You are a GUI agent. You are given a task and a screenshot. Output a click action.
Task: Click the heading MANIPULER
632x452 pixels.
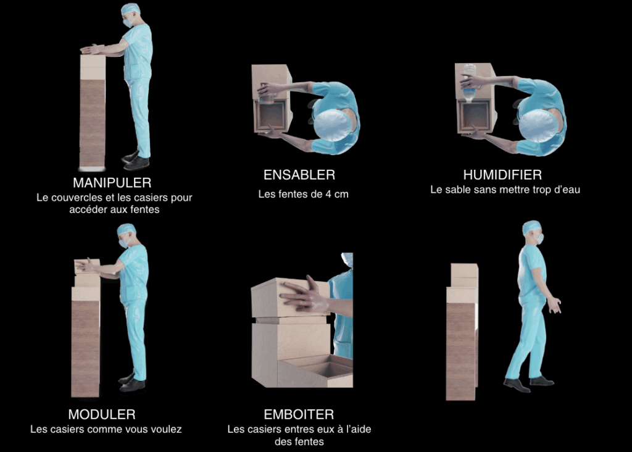[x=112, y=183]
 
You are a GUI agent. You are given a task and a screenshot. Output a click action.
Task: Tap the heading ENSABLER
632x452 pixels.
[x=299, y=175]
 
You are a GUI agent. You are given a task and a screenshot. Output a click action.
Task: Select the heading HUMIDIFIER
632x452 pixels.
[x=502, y=175]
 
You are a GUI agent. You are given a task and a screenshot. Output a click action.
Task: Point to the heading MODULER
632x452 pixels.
[x=102, y=414]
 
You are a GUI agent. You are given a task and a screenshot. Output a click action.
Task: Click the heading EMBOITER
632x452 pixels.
[x=299, y=414]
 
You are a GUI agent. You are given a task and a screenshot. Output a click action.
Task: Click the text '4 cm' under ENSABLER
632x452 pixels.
[x=336, y=195]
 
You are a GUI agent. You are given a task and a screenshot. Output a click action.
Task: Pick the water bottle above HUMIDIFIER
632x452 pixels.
[x=469, y=83]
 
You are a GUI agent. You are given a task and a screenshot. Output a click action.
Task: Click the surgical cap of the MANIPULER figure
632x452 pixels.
[x=131, y=9]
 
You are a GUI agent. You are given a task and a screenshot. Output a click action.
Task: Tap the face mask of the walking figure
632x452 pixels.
[x=539, y=239]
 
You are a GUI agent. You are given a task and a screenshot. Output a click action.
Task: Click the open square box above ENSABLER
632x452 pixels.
[x=272, y=116]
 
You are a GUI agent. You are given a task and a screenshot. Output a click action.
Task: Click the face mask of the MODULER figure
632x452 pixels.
[x=123, y=243]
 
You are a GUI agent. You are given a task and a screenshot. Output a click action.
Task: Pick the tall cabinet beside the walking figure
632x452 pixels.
[x=462, y=332]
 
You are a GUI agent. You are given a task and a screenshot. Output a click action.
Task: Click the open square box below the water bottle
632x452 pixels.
[x=476, y=117]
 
